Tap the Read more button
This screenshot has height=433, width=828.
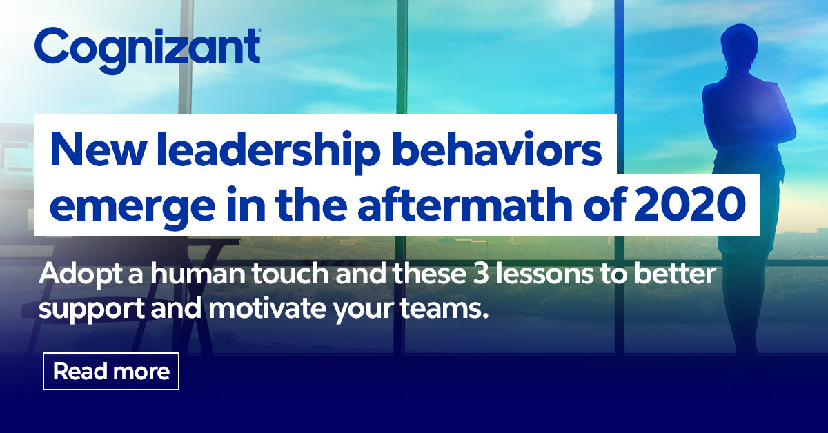tap(111, 372)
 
